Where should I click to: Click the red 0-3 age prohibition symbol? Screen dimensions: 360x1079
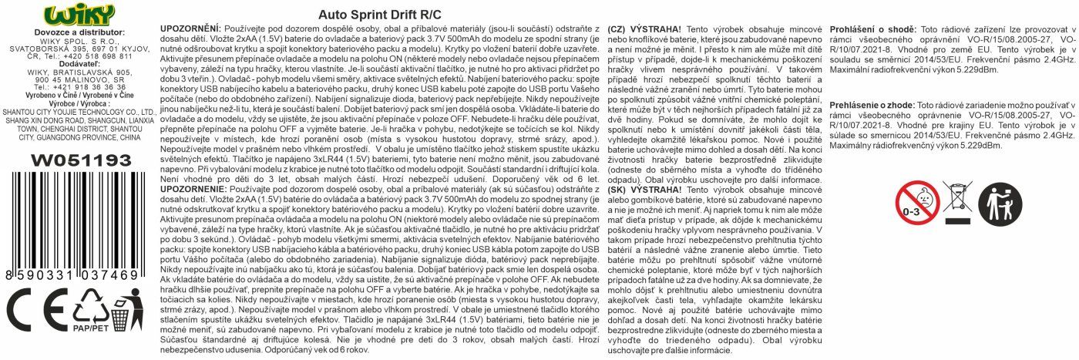point(916,202)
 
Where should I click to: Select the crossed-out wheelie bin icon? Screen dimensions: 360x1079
point(959,202)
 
